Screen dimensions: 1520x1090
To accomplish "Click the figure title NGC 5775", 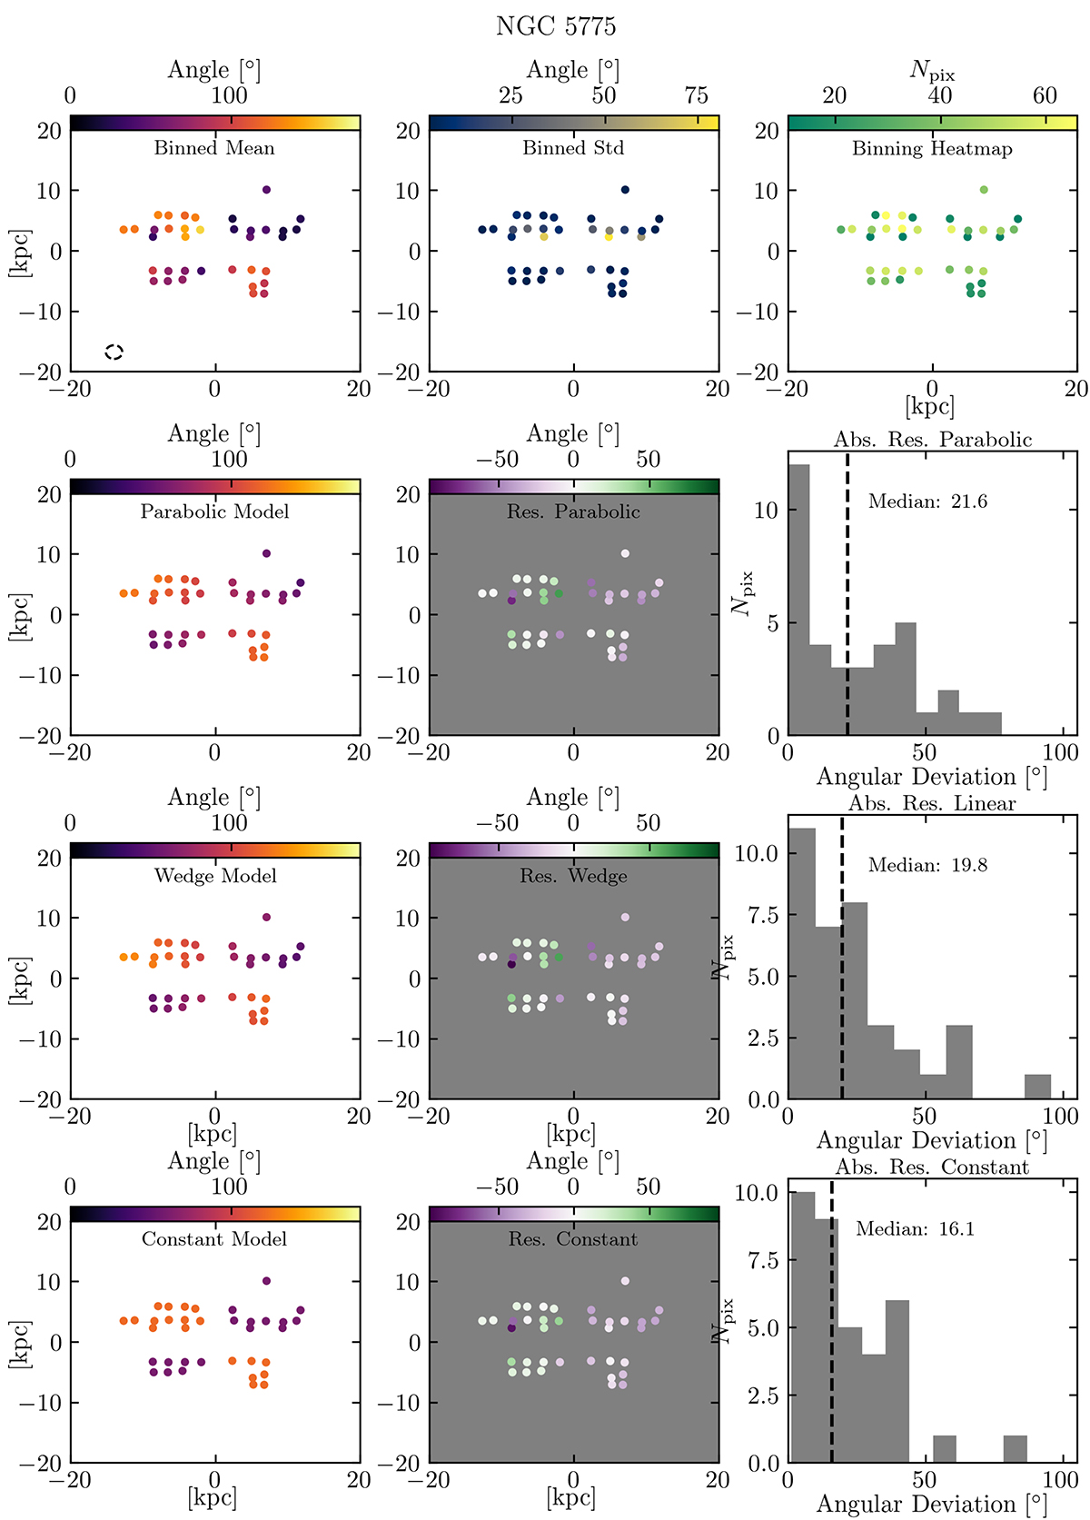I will (556, 26).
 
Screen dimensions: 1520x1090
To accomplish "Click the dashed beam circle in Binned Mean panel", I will (114, 352).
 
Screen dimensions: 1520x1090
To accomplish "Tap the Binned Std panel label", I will (573, 148).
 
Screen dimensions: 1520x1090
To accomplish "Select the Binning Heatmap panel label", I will (932, 149).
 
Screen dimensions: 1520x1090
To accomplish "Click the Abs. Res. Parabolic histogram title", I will (933, 440).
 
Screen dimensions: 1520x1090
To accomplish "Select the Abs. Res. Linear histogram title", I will (932, 803).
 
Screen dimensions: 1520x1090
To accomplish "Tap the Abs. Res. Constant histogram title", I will (932, 1167).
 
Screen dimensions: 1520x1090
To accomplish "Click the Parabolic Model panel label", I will (214, 512).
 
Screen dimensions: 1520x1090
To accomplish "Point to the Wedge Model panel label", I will (215, 876).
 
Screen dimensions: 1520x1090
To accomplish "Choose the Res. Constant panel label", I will (573, 1239).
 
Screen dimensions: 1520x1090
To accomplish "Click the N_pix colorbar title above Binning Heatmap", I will (932, 71).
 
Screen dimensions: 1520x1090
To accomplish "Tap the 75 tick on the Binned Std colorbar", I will (696, 95).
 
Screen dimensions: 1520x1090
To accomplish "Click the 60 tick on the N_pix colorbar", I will (1045, 95).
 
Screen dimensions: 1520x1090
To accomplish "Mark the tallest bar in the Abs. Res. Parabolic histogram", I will (798, 600).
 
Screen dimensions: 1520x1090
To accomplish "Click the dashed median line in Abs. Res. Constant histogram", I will (831, 1326).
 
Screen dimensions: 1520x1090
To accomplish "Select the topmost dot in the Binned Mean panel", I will (266, 190).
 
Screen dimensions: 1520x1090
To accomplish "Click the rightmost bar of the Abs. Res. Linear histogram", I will (1037, 1087).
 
